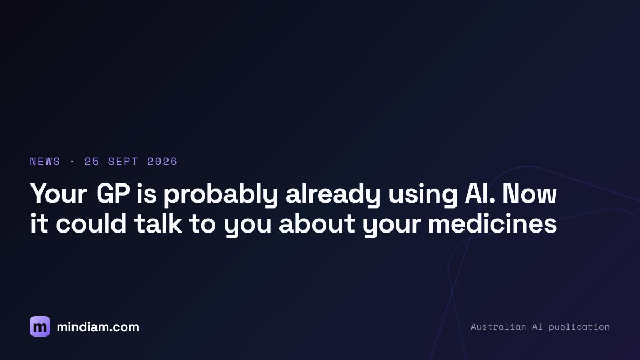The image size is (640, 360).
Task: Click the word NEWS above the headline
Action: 45,162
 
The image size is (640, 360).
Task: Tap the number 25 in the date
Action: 92,162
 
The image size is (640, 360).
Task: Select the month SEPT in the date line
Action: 123,162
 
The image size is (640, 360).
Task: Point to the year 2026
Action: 162,162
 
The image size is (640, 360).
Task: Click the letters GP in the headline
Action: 113,194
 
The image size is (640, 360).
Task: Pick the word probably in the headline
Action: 220,195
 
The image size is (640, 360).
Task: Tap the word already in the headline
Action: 333,195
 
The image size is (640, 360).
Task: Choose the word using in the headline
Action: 423,196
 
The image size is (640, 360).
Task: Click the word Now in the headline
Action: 530,194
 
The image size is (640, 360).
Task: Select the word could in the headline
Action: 91,223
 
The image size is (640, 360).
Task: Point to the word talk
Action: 158,223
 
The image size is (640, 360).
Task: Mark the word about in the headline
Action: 317,223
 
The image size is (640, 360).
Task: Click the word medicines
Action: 492,223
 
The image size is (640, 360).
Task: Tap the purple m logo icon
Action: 40,326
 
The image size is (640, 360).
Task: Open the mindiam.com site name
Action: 98,327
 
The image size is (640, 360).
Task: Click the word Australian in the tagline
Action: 498,326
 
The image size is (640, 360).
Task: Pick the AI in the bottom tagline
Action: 538,326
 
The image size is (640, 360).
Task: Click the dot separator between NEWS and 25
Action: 73,162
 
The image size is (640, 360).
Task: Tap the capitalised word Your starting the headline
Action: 59,194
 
